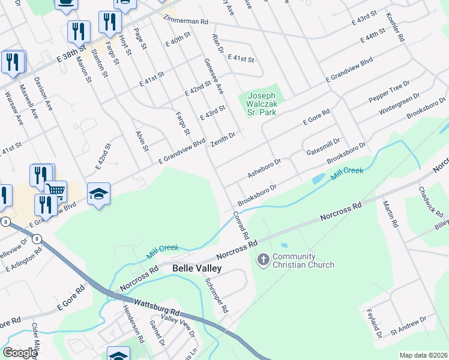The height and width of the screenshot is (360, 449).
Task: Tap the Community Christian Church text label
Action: pyautogui.click(x=303, y=260)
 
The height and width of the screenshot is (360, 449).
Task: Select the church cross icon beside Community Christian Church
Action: pyautogui.click(x=263, y=260)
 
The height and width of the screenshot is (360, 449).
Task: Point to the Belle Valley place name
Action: pyautogui.click(x=197, y=269)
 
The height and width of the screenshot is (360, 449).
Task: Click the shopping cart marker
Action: pyautogui.click(x=55, y=191)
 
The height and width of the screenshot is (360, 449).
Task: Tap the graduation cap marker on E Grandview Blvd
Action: pyautogui.click(x=98, y=194)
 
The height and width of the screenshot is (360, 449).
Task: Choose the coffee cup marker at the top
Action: pyautogui.click(x=66, y=4)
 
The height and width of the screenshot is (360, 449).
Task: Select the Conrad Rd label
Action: pyautogui.click(x=241, y=226)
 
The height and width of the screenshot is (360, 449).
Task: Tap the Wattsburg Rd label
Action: pyautogui.click(x=157, y=308)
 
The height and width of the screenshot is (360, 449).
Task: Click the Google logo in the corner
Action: pyautogui.click(x=19, y=353)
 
